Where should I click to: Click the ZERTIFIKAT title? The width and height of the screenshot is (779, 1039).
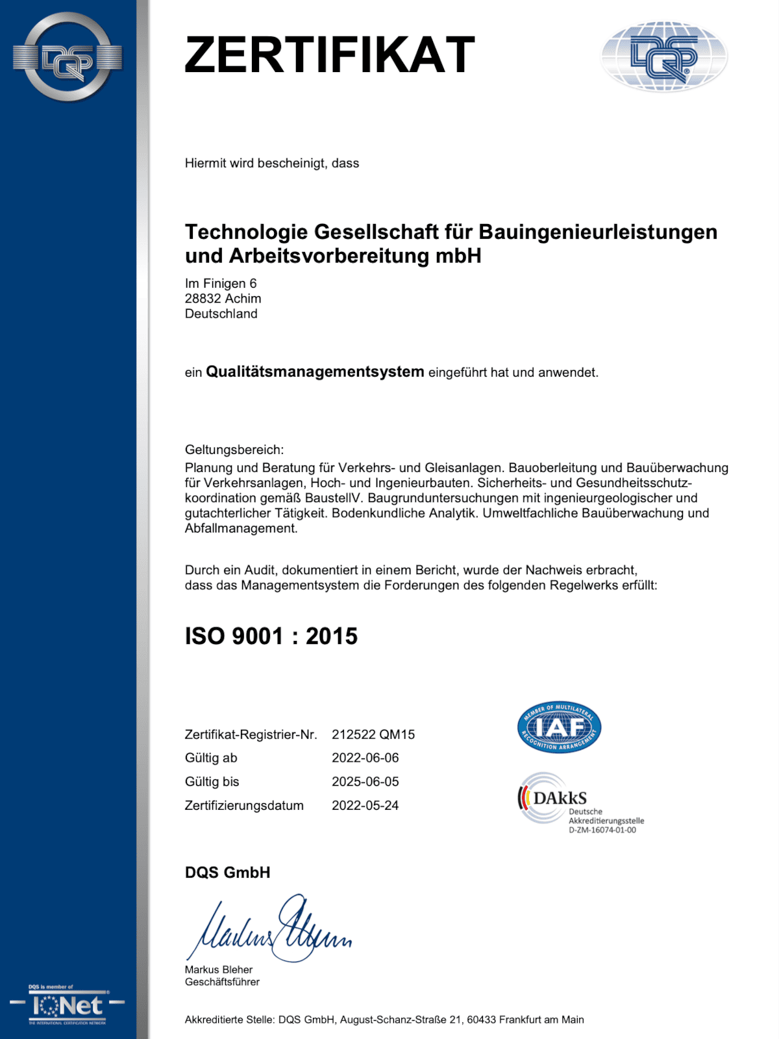(x=330, y=55)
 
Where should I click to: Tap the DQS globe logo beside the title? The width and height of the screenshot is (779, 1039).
(x=663, y=56)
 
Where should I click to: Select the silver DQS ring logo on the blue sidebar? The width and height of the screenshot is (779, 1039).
(x=68, y=58)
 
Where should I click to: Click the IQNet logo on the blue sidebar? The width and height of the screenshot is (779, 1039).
(x=68, y=1006)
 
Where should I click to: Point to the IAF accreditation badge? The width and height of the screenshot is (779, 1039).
(x=559, y=727)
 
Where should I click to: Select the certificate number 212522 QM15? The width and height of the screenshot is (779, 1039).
(x=373, y=734)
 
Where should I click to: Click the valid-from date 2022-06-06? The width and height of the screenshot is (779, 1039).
(x=365, y=758)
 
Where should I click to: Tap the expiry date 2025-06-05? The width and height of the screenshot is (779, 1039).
(x=365, y=782)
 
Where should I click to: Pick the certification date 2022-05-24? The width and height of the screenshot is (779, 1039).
(x=365, y=806)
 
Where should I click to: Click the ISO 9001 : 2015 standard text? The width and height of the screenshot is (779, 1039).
(x=271, y=636)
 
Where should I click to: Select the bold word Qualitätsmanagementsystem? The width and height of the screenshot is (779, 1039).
(x=315, y=372)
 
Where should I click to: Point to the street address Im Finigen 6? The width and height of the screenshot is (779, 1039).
(x=221, y=284)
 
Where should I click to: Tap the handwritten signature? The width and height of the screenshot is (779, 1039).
(x=269, y=929)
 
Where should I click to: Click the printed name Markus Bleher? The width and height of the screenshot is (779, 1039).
(x=219, y=970)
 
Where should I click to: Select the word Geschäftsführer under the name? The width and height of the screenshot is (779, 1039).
(x=222, y=982)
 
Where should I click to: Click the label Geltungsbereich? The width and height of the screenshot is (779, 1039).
(x=234, y=450)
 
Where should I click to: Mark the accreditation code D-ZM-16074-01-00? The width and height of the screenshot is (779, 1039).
(x=602, y=830)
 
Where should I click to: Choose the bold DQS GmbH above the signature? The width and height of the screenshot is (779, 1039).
(x=228, y=873)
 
